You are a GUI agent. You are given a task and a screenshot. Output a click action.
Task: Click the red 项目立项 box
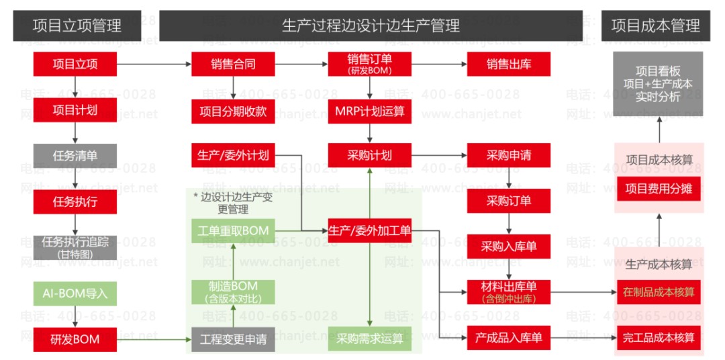75,64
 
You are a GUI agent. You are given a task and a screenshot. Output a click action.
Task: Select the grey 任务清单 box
75,156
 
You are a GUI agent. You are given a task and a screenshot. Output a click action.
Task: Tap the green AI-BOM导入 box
75,294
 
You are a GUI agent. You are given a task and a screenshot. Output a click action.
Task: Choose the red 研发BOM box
75,339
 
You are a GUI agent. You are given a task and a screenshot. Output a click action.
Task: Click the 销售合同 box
233,64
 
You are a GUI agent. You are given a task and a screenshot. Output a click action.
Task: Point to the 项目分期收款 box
233,111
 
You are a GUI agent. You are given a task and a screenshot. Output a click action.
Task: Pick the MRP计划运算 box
370,111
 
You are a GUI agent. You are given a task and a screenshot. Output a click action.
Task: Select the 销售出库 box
508,64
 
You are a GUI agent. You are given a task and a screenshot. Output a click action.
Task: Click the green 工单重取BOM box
233,230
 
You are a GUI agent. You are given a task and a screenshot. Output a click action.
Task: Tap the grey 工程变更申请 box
233,339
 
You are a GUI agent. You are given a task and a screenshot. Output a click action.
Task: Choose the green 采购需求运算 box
370,339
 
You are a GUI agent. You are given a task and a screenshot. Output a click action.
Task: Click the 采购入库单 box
508,246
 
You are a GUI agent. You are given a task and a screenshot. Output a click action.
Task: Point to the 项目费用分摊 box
658,189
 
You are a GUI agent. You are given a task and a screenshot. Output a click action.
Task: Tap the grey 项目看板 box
658,84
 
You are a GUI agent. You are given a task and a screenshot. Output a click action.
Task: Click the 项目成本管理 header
655,26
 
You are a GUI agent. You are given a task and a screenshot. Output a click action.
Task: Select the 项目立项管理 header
77,26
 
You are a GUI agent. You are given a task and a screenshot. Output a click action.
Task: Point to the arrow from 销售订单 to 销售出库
439,64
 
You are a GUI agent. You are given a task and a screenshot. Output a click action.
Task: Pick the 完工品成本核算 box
658,337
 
